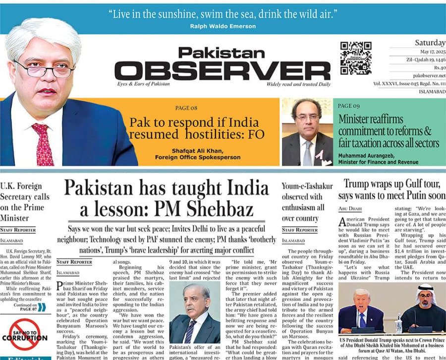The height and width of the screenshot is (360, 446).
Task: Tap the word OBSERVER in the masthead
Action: (x=222, y=71)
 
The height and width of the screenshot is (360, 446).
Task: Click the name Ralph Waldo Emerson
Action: (x=223, y=26)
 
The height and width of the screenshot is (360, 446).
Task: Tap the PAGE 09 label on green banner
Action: (x=349, y=106)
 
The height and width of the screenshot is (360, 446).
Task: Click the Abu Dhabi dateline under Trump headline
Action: (x=351, y=209)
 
